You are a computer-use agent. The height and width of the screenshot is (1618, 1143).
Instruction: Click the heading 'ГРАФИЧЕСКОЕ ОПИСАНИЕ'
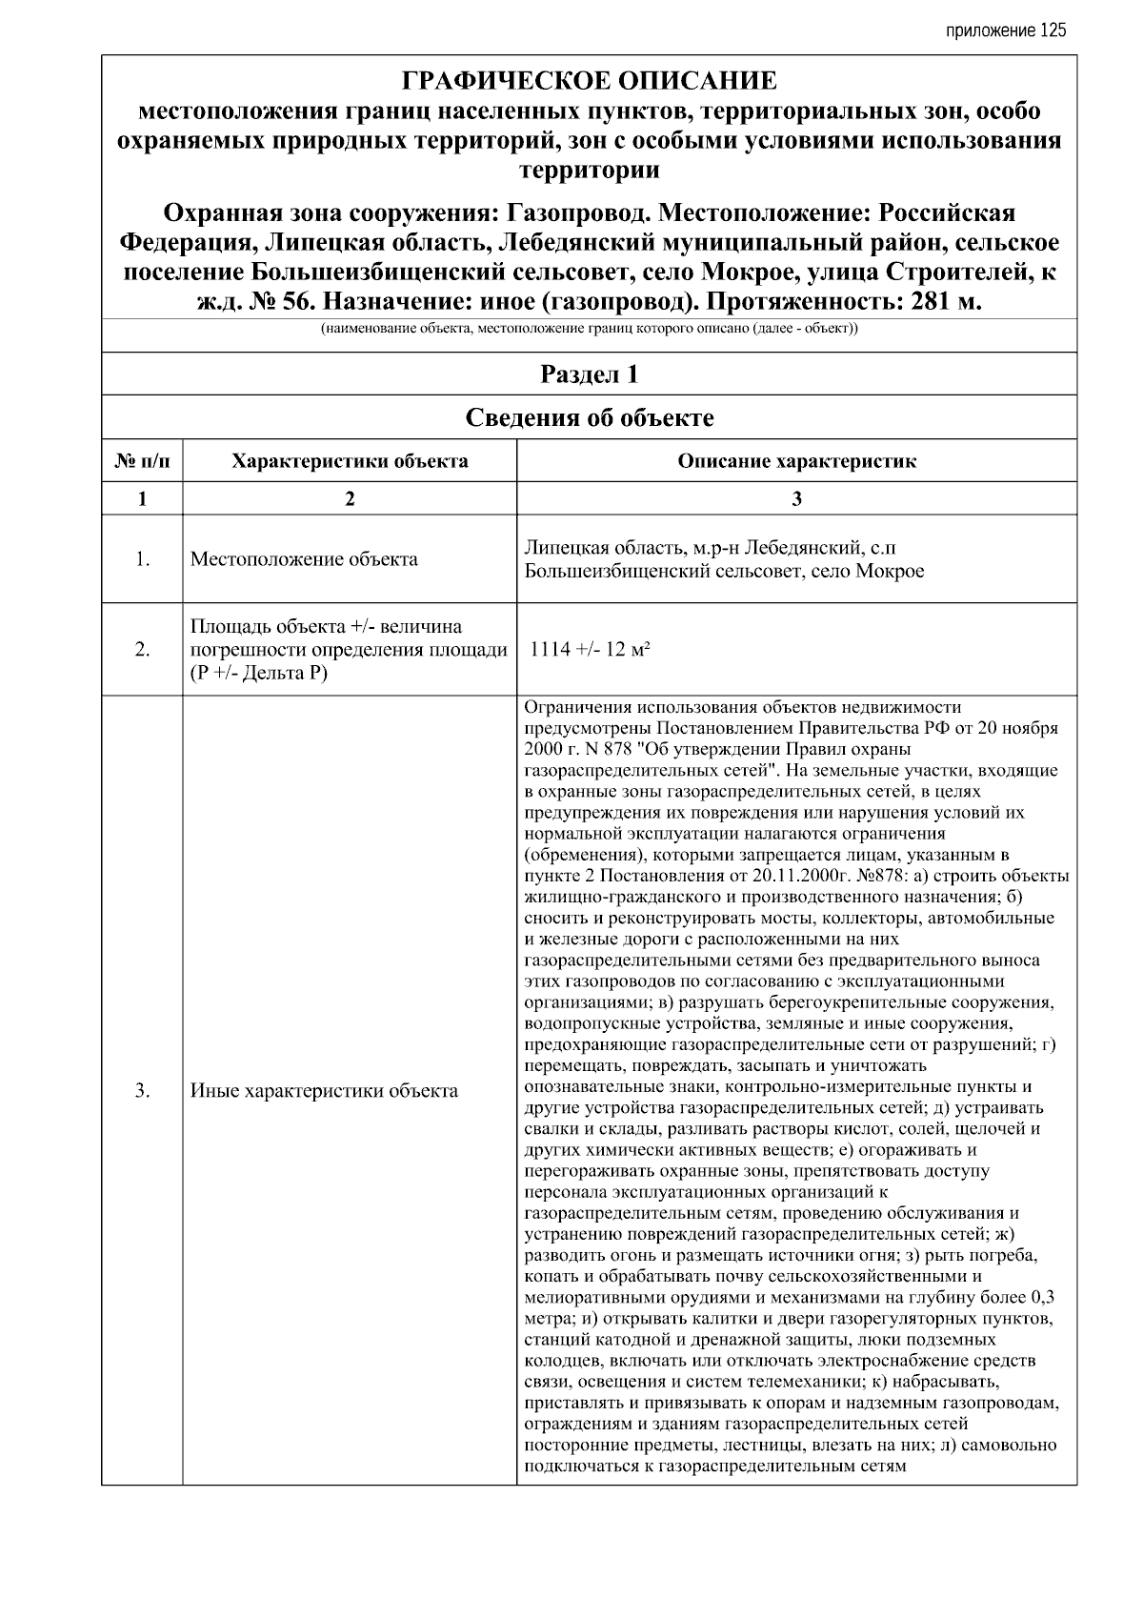[x=589, y=81]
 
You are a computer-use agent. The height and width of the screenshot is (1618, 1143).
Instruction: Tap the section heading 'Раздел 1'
[x=589, y=374]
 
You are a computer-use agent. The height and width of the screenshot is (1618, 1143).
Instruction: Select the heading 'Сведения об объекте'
[x=589, y=417]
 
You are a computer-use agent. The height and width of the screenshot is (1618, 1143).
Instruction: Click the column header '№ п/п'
[x=142, y=462]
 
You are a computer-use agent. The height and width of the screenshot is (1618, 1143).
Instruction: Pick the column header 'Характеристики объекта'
[x=350, y=462]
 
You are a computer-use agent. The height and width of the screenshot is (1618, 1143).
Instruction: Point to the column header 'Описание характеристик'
[x=796, y=462]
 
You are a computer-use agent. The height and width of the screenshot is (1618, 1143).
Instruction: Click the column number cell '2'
[x=350, y=498]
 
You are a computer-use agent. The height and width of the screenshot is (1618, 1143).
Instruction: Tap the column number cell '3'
[x=796, y=498]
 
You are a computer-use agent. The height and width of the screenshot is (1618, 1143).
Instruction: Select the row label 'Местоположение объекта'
[x=304, y=559]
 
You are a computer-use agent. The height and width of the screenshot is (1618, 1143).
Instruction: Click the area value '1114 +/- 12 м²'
[x=590, y=650]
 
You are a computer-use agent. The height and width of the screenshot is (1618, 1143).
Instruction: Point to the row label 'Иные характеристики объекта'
[x=324, y=1091]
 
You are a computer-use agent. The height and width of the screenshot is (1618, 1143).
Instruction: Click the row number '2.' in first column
[x=142, y=650]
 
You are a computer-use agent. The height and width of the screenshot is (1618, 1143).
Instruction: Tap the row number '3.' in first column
[x=142, y=1091]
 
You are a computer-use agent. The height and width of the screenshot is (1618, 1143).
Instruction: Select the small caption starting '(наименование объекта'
[x=589, y=330]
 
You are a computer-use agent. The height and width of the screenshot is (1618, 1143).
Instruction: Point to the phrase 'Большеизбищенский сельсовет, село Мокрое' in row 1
[x=724, y=572]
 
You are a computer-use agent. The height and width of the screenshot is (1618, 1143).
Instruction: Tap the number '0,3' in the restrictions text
[x=1041, y=1298]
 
